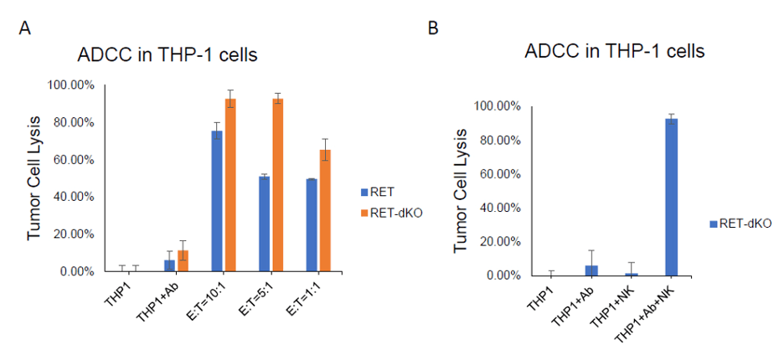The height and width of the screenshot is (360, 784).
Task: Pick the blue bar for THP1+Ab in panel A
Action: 169,265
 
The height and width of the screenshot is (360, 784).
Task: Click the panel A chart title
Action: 167,56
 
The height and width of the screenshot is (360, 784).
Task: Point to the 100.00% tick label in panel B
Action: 498,106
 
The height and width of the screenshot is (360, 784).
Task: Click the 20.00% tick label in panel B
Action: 501,242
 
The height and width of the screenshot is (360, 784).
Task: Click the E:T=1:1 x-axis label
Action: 312,296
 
